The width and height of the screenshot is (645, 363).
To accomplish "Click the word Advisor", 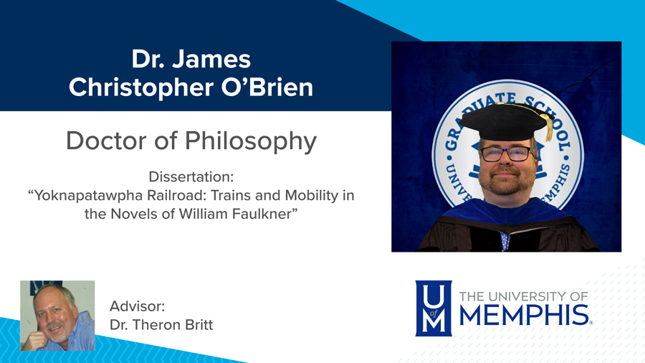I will click(x=138, y=306).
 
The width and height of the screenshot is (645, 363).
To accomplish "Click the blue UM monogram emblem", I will click(x=434, y=308).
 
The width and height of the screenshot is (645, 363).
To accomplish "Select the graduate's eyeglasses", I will click(x=507, y=154).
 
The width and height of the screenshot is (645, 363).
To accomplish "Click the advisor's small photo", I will click(x=57, y=316).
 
